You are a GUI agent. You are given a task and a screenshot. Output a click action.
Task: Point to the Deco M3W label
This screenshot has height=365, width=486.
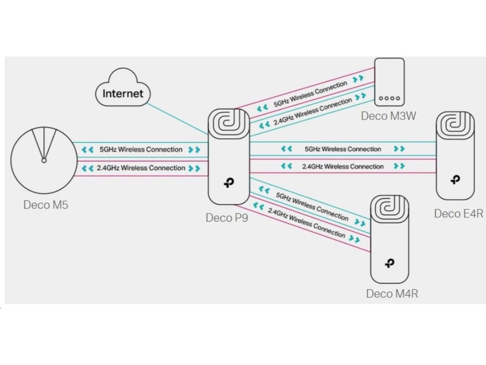pos(388,115)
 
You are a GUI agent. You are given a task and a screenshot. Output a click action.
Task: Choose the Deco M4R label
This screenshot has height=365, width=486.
pos(392,294)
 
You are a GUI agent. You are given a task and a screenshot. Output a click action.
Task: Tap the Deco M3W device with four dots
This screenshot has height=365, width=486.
pos(389,82)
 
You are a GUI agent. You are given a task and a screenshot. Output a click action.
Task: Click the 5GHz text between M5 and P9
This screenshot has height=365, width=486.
pos(141,149)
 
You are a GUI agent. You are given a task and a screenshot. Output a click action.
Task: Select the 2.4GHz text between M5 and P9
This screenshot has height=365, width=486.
pos(141,168)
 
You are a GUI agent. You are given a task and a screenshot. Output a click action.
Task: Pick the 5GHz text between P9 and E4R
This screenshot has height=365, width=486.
pos(343,149)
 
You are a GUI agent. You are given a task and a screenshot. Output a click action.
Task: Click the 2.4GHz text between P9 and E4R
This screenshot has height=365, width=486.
pos(343,166)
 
